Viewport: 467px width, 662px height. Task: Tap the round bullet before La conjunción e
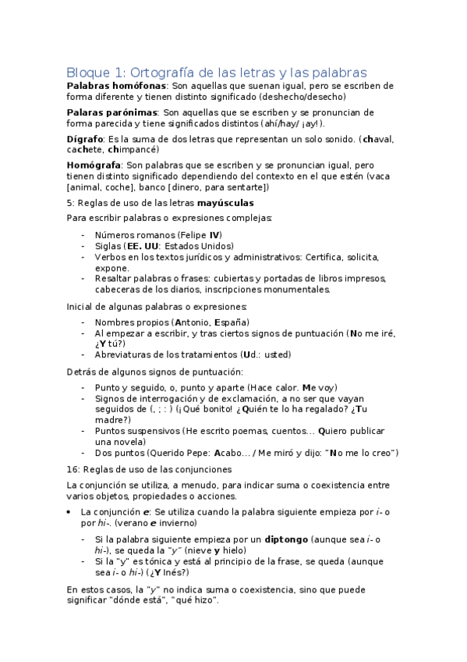pyautogui.click(x=71, y=511)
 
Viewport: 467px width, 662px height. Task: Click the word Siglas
pyautogui.click(x=108, y=245)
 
